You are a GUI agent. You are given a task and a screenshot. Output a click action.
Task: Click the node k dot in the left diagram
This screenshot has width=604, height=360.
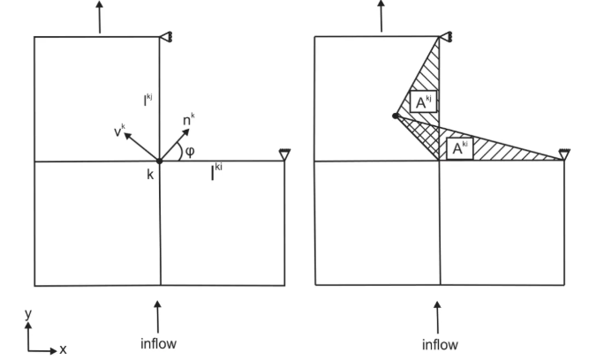pos(159,161)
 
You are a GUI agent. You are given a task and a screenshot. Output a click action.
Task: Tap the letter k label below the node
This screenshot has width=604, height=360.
pos(150,175)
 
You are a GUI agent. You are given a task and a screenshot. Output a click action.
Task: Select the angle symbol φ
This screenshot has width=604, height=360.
pos(190,151)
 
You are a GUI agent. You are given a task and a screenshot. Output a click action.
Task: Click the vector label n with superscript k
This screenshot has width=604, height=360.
pos(188,120)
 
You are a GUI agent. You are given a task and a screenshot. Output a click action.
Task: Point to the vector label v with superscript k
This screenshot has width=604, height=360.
pos(119,131)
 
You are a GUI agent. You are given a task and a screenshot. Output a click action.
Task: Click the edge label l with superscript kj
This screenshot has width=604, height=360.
pos(148,100)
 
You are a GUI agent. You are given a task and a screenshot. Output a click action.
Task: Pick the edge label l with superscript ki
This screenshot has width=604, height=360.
pos(216,171)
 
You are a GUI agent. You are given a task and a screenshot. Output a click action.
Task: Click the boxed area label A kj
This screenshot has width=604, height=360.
pos(423,101)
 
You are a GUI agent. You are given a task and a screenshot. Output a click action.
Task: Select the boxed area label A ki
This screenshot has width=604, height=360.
pos(460,148)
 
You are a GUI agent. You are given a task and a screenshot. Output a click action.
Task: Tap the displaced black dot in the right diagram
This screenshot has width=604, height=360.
pos(396,116)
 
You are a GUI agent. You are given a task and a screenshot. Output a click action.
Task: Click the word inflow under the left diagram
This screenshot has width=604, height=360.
pos(158,343)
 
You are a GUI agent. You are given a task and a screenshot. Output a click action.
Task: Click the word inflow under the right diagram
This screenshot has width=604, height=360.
pos(440,344)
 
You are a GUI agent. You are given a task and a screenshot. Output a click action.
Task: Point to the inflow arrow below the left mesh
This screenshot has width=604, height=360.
pos(157,317)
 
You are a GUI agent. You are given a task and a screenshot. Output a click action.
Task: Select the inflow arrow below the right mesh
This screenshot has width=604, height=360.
pos(437,318)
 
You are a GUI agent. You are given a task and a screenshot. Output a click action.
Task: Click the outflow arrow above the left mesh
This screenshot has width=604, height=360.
pos(100,17)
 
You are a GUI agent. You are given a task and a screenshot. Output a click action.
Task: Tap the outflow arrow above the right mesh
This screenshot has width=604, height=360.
pos(381,16)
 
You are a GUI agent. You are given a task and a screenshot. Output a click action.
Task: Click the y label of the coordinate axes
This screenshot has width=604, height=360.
pos(27,314)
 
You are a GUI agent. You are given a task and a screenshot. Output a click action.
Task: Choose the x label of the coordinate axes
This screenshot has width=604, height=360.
pos(63,349)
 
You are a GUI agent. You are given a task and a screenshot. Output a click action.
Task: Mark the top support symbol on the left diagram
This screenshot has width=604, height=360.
pos(166,37)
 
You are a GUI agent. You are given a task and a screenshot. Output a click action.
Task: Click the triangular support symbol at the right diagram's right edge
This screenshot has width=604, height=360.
pos(564,154)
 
